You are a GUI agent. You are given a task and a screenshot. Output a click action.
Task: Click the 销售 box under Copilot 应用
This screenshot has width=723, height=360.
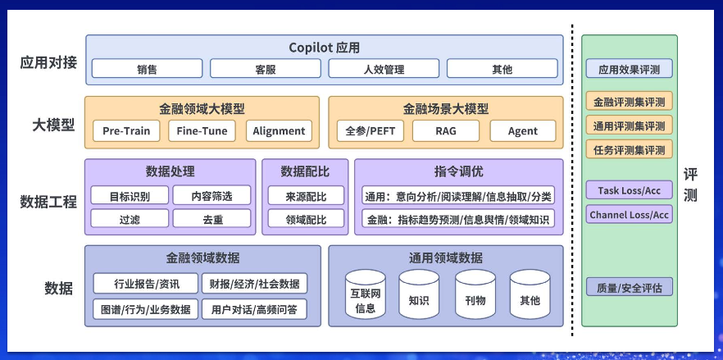[x=147, y=69]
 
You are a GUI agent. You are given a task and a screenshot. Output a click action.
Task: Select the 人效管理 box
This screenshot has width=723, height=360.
[x=384, y=69]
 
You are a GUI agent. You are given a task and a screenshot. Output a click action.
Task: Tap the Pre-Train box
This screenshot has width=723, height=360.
[x=126, y=130]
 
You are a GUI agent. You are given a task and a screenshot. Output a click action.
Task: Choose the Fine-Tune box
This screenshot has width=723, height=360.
[x=202, y=130]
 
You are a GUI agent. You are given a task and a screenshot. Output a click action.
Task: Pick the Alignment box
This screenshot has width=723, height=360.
[x=279, y=130]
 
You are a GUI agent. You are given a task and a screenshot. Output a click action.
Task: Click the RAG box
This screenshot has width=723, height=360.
[x=446, y=130]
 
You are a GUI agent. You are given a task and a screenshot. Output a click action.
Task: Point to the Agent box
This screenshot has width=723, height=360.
[x=523, y=130]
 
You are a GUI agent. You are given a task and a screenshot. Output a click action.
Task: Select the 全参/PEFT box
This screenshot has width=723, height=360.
[x=371, y=130]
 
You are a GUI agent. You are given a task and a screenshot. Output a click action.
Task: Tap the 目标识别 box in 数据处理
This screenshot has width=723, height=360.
[x=130, y=195]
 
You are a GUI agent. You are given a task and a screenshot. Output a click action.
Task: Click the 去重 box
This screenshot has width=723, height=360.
[x=212, y=218]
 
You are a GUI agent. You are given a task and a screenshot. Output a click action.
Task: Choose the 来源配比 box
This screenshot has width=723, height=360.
[x=307, y=195]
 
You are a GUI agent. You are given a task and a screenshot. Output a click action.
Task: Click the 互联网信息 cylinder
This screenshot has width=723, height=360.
[x=366, y=294]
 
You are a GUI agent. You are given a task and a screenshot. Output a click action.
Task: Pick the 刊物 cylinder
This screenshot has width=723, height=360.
[x=475, y=294]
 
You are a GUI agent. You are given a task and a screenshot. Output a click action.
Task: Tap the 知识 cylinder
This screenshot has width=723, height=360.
[x=419, y=294]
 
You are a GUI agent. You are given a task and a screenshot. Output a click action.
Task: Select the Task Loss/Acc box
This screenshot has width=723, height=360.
[x=629, y=189]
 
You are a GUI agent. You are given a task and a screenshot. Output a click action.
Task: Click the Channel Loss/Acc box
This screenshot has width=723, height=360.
[x=629, y=214]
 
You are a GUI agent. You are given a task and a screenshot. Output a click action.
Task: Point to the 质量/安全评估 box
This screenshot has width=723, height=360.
[x=629, y=287]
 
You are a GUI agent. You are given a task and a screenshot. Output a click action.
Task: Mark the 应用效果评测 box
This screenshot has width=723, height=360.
[x=629, y=68]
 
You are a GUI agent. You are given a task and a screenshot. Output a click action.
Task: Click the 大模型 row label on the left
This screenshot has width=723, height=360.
[x=53, y=125]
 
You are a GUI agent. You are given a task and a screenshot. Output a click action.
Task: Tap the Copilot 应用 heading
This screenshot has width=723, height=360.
[x=324, y=47]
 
